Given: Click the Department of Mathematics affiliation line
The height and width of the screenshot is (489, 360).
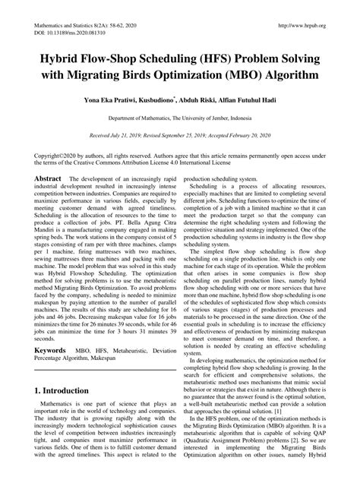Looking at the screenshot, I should point(179,119).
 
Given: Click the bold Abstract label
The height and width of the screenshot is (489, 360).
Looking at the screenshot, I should point(47,177).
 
